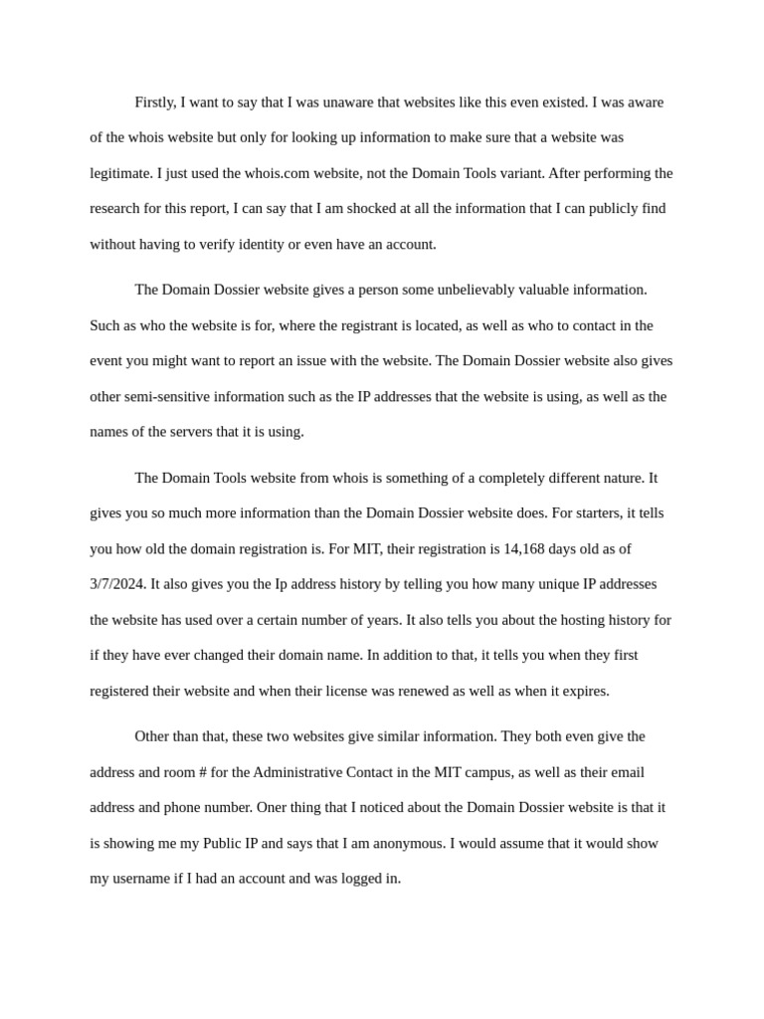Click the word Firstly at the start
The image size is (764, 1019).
(156, 102)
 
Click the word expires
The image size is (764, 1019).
(585, 691)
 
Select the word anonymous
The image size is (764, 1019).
(409, 843)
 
